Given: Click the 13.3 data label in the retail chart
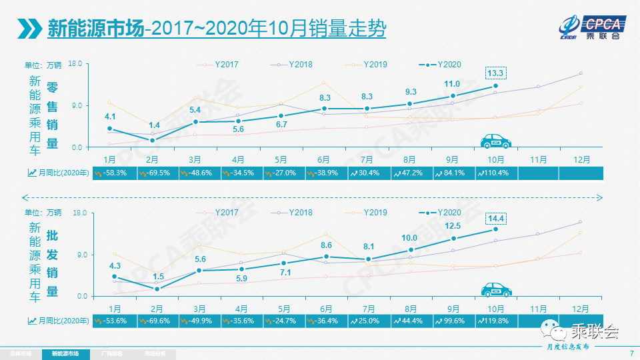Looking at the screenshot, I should (495, 73).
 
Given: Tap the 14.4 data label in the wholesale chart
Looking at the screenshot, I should (495, 217).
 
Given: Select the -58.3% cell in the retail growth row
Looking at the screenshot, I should (115, 173).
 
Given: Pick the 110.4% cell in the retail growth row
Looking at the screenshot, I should (496, 173).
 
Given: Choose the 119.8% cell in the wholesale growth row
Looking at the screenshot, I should (496, 321).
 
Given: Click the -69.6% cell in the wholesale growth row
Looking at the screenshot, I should (157, 321).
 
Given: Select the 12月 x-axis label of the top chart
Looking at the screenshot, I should (581, 160).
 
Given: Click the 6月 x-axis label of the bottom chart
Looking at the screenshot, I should (326, 309).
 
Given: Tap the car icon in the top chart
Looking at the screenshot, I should (495, 141).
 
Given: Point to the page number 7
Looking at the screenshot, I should (631, 353).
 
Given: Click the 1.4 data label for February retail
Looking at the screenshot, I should (154, 125).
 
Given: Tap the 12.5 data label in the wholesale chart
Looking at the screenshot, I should (452, 225).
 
